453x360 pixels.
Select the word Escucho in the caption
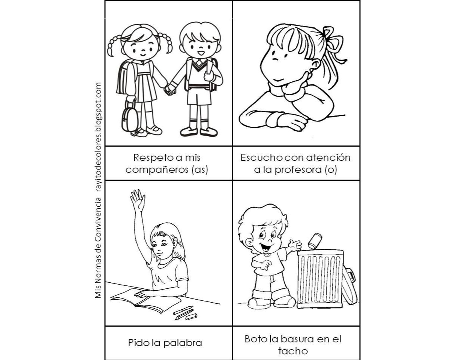tap(259, 157)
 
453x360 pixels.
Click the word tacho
tap(293, 351)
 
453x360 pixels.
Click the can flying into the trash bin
tap(315, 240)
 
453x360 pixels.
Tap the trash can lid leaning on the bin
tap(350, 285)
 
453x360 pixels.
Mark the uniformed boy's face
tap(199, 47)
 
